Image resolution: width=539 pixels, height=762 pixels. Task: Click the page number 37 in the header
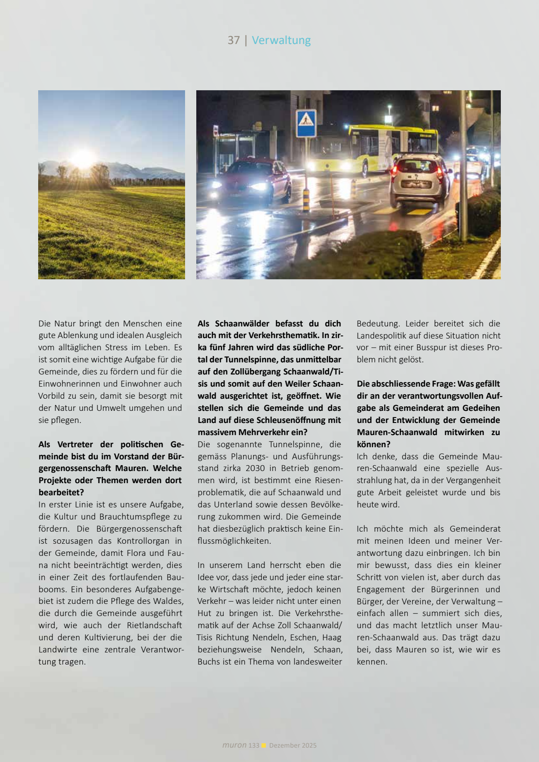tap(234, 40)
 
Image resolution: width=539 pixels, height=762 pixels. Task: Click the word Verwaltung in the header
tap(281, 40)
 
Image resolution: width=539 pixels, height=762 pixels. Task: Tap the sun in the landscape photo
tap(84, 158)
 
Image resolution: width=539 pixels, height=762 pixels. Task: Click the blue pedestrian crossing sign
tap(306, 123)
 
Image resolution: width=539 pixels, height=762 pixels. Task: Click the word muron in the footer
tap(234, 745)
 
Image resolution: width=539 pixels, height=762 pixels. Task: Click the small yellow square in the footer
tap(264, 745)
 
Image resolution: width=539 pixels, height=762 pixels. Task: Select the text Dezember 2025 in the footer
tap(293, 745)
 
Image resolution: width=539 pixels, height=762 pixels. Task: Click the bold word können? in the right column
tap(374, 445)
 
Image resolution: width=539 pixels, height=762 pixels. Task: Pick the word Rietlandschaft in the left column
tap(154, 625)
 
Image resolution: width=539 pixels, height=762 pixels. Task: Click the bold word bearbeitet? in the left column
tap(61, 493)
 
